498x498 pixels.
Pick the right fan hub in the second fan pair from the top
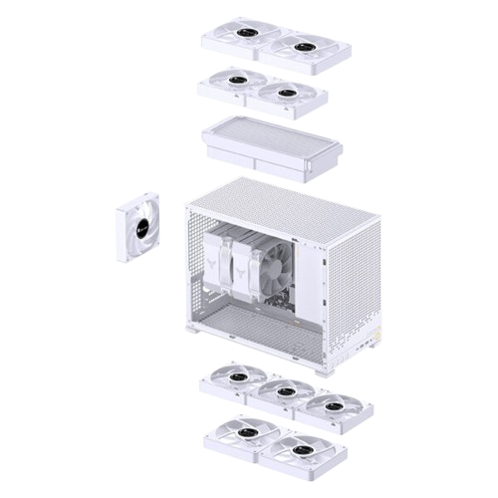tap(287, 93)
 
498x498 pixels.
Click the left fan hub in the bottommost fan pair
tap(239, 433)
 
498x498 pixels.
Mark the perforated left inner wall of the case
tap(197, 269)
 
